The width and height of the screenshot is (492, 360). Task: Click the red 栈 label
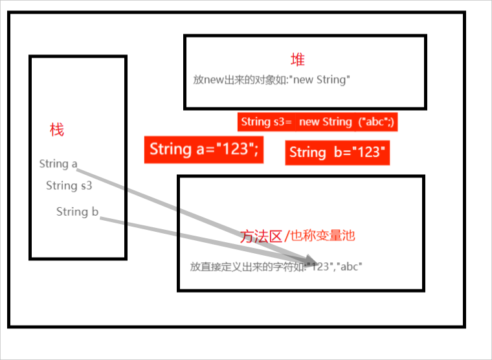pos(57,129)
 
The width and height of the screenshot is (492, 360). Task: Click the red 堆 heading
pos(298,60)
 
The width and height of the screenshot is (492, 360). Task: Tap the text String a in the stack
pos(58,164)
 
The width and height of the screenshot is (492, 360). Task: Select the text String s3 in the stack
pos(69,186)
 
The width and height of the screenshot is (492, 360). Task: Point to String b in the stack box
pos(77,212)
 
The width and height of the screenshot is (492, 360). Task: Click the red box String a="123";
pos(204,150)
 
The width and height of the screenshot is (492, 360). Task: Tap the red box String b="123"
pos(338,153)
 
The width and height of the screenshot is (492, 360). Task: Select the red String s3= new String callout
pos(317,122)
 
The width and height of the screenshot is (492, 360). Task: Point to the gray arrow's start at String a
pos(80,170)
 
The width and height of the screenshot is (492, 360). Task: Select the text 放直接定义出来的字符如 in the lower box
pos(247,266)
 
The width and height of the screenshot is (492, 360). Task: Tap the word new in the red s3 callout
pos(309,122)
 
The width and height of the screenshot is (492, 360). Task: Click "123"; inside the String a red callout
pos(236,150)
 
